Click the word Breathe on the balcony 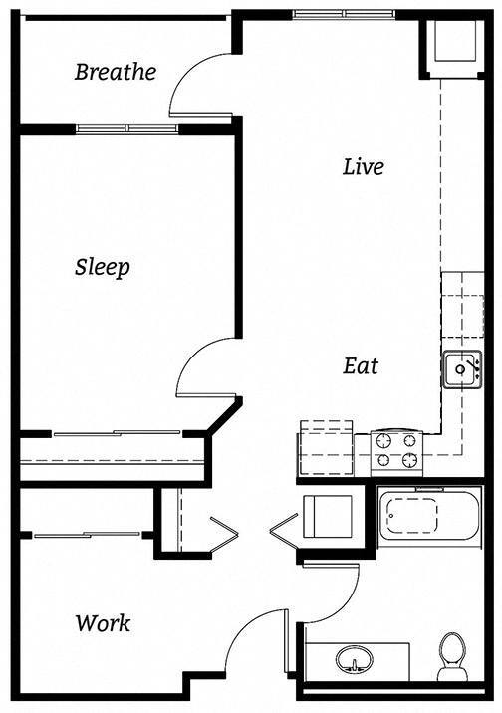(116, 72)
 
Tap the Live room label (363, 167)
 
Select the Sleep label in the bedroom (103, 267)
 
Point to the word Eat (361, 365)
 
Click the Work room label (103, 624)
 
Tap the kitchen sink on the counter (461, 369)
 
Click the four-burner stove (395, 449)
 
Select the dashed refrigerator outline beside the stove (327, 447)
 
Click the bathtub (426, 516)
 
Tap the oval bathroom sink (351, 660)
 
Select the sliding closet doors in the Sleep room (117, 433)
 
